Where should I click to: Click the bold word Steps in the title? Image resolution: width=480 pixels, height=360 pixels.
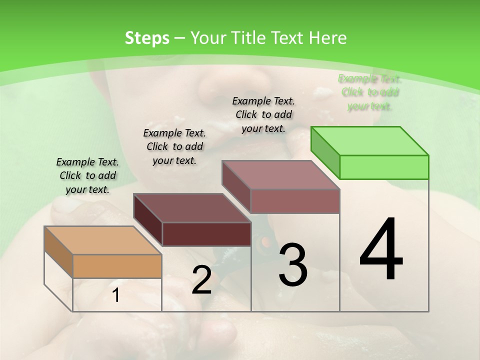tap(147, 38)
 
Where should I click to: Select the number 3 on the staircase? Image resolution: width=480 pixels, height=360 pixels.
tap(292, 264)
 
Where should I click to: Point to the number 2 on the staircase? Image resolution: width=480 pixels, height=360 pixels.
tap(201, 280)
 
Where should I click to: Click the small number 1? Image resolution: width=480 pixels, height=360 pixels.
tap(116, 295)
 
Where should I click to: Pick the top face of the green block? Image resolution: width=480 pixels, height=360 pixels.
tap(370, 140)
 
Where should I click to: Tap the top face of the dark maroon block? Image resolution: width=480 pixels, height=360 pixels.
tap(192, 208)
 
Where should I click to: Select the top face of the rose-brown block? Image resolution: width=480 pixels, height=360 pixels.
tap(281, 175)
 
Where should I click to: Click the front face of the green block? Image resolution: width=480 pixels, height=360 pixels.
tap(384, 167)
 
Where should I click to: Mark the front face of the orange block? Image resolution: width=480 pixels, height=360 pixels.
tap(117, 266)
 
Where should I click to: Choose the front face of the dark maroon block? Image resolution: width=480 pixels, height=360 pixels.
tap(206, 234)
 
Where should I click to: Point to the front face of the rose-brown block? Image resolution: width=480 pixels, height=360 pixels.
tap(295, 201)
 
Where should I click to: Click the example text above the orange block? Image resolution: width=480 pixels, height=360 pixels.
tap(87, 175)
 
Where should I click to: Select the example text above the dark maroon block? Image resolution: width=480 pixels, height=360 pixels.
tap(174, 146)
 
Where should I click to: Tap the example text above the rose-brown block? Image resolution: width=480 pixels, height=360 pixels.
tap(263, 114)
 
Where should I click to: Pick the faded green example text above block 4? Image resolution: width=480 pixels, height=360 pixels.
tap(369, 92)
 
